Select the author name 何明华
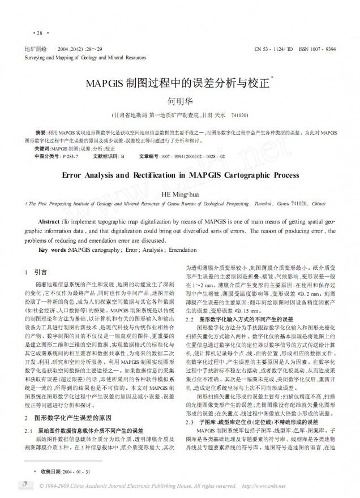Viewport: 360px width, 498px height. coord(179,102)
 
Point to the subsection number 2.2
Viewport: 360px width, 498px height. coord(191,319)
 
